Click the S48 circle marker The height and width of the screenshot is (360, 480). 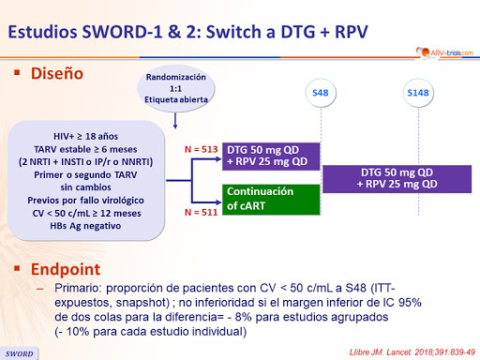(x=321, y=93)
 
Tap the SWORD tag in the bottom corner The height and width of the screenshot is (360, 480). (x=20, y=352)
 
